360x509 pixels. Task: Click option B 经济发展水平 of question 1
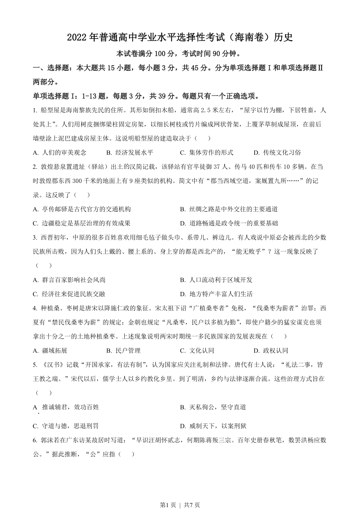coord(130,153)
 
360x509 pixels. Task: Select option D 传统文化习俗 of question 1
coord(277,153)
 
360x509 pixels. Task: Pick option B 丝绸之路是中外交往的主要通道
coord(229,209)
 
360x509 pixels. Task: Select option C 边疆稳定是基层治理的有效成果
coord(81,223)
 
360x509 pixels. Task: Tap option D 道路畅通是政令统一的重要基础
coord(229,223)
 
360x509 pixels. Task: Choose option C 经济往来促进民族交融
coord(69,294)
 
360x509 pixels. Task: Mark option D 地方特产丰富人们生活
coord(216,294)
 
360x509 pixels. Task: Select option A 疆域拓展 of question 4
coord(50,351)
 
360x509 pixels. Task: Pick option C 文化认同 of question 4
coord(197,351)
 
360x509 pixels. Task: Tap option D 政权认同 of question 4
coord(271,351)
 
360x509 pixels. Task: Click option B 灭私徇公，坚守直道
coord(213,408)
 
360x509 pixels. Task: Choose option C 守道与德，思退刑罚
coord(66,426)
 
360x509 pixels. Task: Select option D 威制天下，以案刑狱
coord(213,426)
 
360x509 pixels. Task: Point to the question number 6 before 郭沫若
coord(34,440)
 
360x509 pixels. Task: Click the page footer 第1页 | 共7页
coord(180,504)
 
